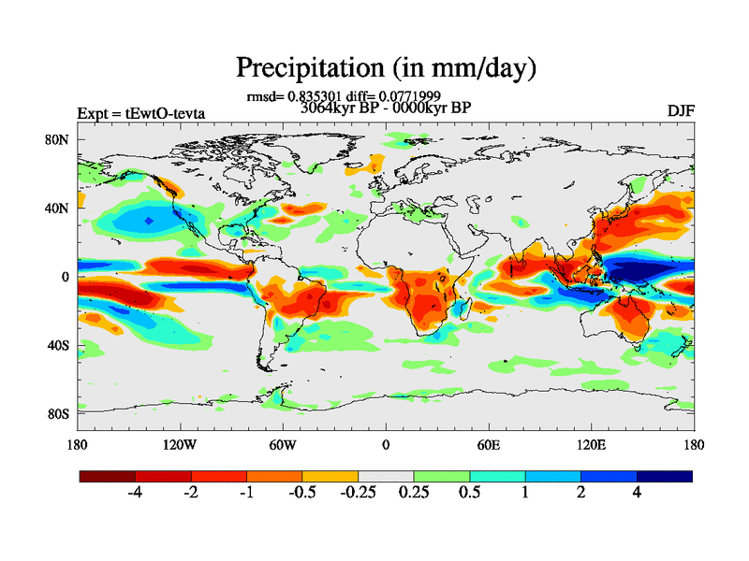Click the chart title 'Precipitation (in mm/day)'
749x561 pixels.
385,67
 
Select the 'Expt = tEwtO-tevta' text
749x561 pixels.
140,114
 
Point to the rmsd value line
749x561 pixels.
344,95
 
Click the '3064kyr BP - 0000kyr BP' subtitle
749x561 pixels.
385,108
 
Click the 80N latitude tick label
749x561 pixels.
59,139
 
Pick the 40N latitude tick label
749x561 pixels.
59,209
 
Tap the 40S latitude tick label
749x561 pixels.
59,345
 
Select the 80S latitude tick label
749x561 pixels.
59,413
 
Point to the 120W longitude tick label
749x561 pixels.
179,444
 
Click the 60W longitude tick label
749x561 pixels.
282,444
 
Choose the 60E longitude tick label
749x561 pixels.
488,444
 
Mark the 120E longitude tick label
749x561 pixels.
591,444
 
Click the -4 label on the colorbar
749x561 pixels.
134,493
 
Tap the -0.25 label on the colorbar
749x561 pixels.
358,493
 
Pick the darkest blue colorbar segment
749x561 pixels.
665,476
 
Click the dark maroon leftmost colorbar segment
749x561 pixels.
108,476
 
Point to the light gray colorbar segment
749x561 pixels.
386,476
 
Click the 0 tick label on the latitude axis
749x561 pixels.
66,277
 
